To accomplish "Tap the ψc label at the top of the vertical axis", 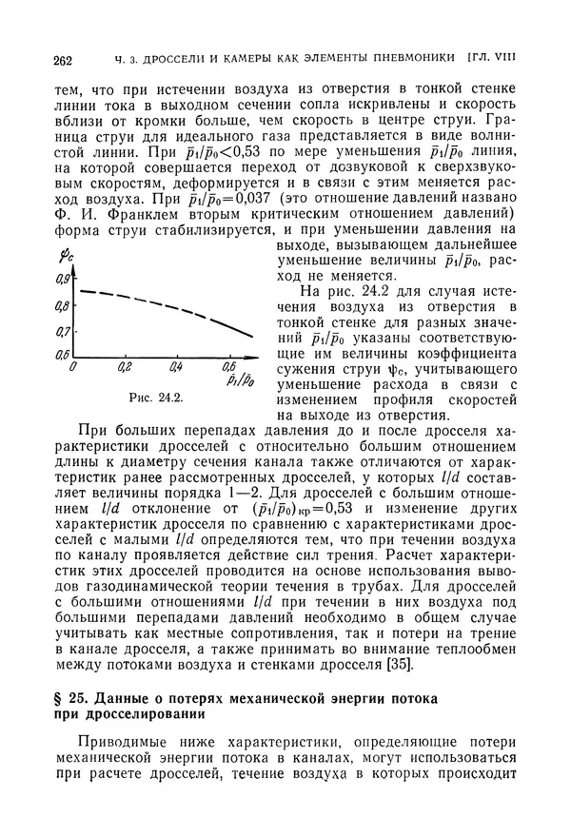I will click(66, 256).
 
